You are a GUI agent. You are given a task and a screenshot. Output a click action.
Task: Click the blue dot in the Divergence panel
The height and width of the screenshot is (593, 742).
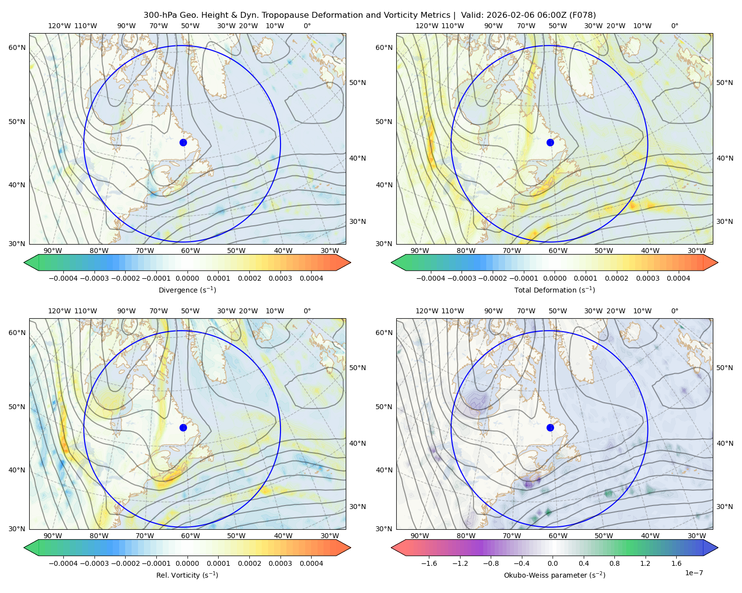183,143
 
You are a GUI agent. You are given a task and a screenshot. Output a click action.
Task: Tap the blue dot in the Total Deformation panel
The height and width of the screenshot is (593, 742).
550,143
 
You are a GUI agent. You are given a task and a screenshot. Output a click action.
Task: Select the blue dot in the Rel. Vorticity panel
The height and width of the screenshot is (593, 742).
183,427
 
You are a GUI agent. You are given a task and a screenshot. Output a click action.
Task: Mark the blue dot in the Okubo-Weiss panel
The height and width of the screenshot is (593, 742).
550,427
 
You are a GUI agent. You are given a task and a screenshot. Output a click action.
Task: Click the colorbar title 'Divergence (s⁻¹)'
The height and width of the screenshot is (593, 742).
187,290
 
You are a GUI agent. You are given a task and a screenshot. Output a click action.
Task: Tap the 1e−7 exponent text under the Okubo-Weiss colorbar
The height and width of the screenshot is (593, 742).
694,573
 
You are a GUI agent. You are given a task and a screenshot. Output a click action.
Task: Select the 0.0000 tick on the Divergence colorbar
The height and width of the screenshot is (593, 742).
187,278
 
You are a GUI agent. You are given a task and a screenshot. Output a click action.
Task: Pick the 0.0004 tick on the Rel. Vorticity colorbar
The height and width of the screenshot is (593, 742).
311,563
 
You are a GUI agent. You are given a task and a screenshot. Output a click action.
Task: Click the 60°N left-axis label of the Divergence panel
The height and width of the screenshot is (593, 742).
17,47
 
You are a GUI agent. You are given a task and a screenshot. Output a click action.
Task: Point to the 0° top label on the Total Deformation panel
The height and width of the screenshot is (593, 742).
674,26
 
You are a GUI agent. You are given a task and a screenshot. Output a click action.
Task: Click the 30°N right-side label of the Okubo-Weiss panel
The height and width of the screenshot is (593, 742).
725,507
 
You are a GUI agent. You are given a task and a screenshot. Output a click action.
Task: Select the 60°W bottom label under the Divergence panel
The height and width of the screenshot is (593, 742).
190,251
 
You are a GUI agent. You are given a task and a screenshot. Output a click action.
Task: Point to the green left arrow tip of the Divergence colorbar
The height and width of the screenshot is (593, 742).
24,262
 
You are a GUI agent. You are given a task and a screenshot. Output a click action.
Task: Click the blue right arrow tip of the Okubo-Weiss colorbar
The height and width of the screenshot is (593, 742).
718,548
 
